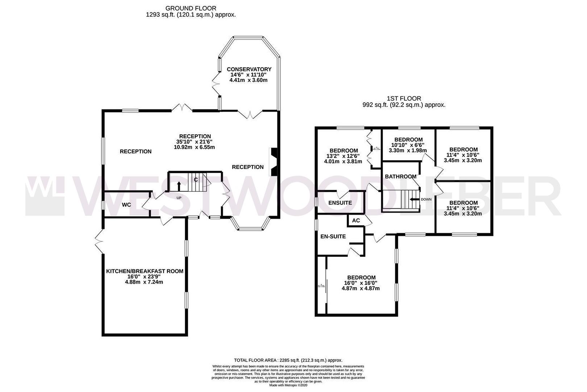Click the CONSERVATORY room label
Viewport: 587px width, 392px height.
(x=249, y=69)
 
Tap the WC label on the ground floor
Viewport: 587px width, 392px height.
(x=126, y=205)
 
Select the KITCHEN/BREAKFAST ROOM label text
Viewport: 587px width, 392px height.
(x=145, y=271)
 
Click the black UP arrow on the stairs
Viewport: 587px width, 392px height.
(x=179, y=186)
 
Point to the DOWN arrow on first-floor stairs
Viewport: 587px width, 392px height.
(x=413, y=199)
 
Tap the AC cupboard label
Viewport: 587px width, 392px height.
(x=356, y=220)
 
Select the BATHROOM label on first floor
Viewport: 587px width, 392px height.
(x=400, y=176)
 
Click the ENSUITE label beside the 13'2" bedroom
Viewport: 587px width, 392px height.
(x=340, y=203)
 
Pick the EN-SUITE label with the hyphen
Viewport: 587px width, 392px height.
(x=333, y=236)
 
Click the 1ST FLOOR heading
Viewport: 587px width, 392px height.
(x=404, y=98)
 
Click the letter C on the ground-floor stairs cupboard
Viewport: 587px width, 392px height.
(x=196, y=180)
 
